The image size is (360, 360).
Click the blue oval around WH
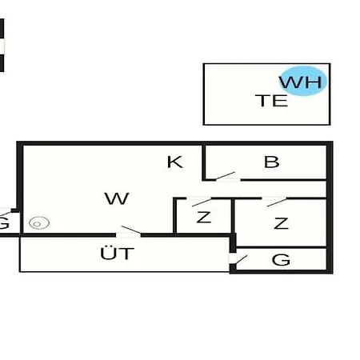click(x=303, y=81)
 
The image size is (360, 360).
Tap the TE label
click(x=272, y=101)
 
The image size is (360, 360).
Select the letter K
click(x=175, y=162)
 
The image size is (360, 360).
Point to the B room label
click(x=272, y=162)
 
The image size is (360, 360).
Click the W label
click(x=117, y=198)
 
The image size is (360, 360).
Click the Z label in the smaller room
click(x=204, y=217)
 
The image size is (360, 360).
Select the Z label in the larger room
click(x=281, y=223)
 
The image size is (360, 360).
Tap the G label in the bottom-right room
click(x=281, y=259)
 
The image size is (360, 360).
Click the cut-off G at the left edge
click(x=4, y=223)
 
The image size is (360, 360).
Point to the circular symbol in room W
click(x=39, y=223)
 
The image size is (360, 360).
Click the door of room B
click(x=226, y=176)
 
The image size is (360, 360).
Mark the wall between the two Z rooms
click(x=233, y=216)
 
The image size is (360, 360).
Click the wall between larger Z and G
click(x=282, y=248)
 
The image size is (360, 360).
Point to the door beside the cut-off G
click(x=6, y=213)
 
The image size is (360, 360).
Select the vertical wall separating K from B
click(x=204, y=162)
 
